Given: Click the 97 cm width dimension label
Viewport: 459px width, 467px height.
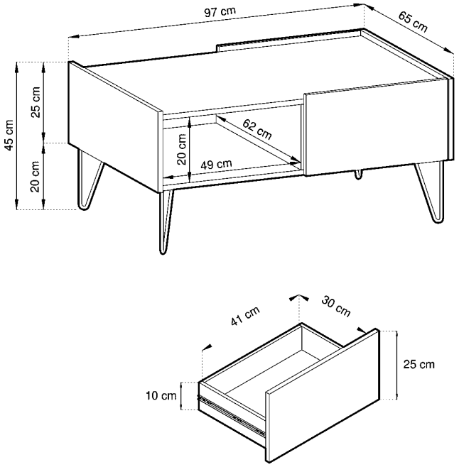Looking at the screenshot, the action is pyautogui.click(x=220, y=12).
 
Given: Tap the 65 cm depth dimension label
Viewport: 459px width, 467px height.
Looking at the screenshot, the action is pyautogui.click(x=413, y=22).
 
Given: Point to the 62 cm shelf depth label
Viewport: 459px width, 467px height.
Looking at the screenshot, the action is pyautogui.click(x=256, y=129).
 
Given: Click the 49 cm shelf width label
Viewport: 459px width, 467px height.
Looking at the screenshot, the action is pyautogui.click(x=216, y=165).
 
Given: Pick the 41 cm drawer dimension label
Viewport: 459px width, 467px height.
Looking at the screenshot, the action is pyautogui.click(x=245, y=316).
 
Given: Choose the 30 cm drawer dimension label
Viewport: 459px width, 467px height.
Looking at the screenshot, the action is pyautogui.click(x=336, y=307).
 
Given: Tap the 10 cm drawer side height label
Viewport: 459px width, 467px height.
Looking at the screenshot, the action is pyautogui.click(x=161, y=396).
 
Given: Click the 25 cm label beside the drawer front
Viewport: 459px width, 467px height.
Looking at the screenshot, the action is pyautogui.click(x=419, y=364).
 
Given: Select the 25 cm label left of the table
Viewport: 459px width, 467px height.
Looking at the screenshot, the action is pyautogui.click(x=36, y=102).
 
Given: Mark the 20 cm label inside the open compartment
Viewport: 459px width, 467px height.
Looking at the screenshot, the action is pyautogui.click(x=181, y=149).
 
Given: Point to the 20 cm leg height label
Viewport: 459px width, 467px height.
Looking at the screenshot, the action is pyautogui.click(x=36, y=176).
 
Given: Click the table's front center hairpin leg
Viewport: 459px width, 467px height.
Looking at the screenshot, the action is pyautogui.click(x=166, y=222).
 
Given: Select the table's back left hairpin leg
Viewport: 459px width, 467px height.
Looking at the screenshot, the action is pyautogui.click(x=90, y=180).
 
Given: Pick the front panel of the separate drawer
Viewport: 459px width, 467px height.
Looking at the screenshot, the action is pyautogui.click(x=323, y=395).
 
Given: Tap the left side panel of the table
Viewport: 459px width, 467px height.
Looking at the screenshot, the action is pyautogui.click(x=116, y=126).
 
